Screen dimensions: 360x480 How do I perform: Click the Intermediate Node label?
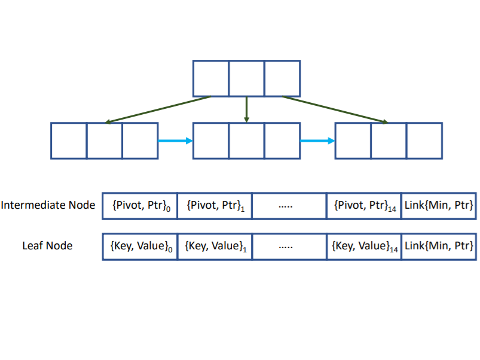(x=48, y=205)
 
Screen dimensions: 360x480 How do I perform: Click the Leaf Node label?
(x=47, y=246)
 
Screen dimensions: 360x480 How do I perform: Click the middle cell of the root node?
(x=246, y=78)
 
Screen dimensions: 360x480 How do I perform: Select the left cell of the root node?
(x=210, y=78)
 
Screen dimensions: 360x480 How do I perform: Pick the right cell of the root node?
(x=282, y=78)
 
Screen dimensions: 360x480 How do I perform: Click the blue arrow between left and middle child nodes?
(x=175, y=141)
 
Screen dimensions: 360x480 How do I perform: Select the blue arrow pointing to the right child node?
(x=317, y=141)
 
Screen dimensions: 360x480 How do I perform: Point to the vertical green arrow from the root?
(x=246, y=109)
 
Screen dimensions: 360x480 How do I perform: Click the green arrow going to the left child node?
(x=158, y=109)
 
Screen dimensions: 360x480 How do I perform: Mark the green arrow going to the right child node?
(x=335, y=109)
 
